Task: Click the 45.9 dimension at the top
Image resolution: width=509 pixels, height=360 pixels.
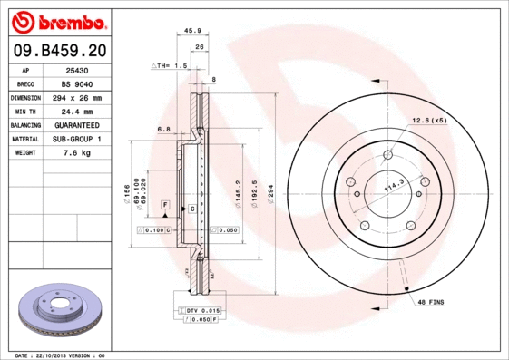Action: [192, 31]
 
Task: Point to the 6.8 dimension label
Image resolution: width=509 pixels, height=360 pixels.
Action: [163, 130]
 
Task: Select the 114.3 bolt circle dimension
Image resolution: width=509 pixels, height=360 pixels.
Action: [393, 187]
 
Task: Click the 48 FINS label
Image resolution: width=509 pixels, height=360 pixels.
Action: [430, 300]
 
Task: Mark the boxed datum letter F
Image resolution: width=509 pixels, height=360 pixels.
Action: [165, 204]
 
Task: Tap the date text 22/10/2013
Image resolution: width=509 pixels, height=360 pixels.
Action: [59, 355]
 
